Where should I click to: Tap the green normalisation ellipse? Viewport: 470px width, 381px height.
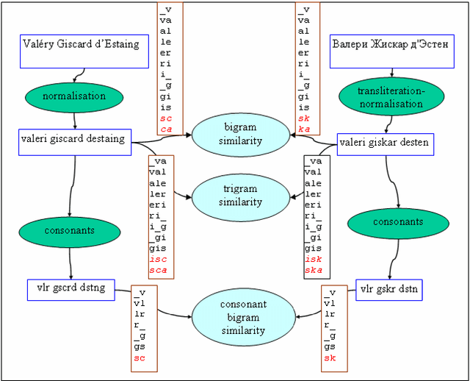coord(74,96)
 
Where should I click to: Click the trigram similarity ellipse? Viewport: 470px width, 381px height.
coord(241,196)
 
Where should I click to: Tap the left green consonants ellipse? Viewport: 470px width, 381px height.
coord(69,230)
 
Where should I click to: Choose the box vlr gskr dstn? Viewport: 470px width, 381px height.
coord(388,290)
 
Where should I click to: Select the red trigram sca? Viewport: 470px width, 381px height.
coord(157,270)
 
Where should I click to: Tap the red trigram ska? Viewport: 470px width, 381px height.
coord(313,270)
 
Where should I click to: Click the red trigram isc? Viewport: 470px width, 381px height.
coord(157,259)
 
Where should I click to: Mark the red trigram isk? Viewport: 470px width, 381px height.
coord(313,259)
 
